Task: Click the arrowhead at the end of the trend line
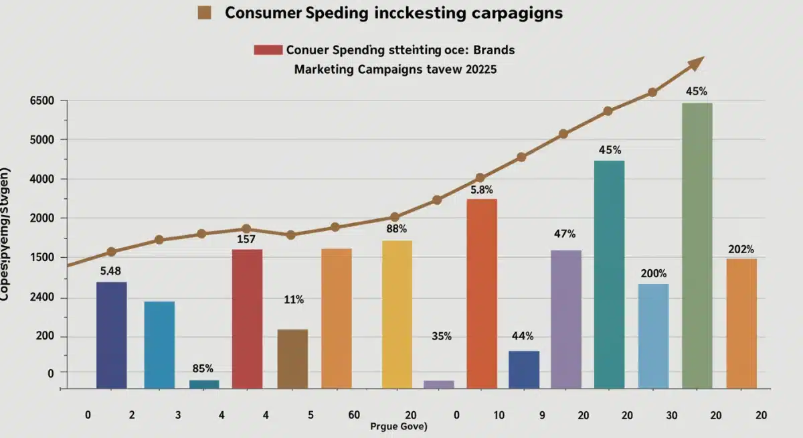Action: click(696, 63)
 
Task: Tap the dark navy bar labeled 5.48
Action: click(111, 335)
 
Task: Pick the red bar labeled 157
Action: click(247, 319)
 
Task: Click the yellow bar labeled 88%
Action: click(397, 314)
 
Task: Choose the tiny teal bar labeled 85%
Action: click(204, 384)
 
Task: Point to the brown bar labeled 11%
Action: click(292, 358)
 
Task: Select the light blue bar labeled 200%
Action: click(653, 336)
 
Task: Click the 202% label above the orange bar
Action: click(741, 250)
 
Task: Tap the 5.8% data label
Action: click(482, 190)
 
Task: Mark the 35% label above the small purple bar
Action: click(442, 336)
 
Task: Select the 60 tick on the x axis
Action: click(354, 415)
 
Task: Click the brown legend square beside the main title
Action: click(205, 13)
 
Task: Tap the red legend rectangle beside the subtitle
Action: click(268, 50)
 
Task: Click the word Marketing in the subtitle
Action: click(325, 69)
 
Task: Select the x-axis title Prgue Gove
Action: click(399, 427)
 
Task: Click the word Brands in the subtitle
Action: click(493, 50)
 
